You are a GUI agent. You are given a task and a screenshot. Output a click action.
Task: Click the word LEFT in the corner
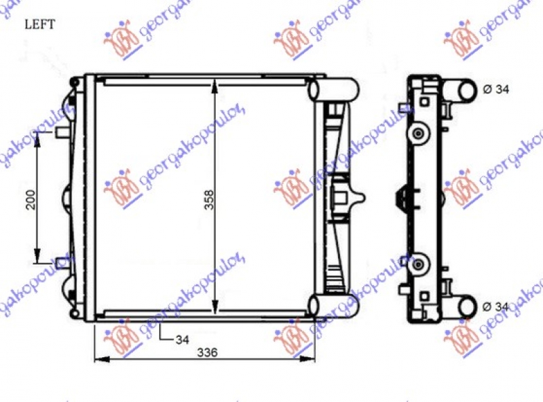tap(41, 25)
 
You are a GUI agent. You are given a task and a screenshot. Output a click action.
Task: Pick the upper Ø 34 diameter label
tap(495, 89)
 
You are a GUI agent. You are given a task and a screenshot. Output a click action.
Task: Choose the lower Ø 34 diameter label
tap(495, 307)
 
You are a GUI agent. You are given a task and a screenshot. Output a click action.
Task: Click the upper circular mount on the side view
tap(418, 132)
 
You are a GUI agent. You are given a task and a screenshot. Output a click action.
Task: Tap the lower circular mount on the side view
tap(418, 263)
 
